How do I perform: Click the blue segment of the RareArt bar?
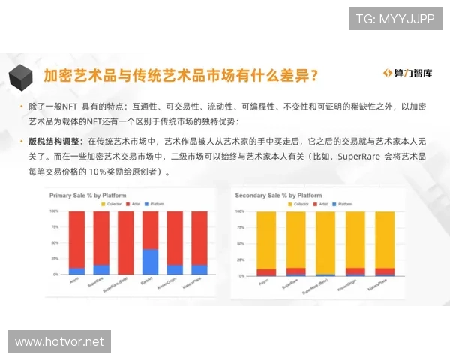click(x=150, y=262)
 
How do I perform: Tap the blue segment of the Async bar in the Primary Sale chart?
click(x=76, y=271)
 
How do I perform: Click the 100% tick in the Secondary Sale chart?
click(x=240, y=211)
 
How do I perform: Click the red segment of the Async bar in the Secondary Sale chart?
click(x=266, y=271)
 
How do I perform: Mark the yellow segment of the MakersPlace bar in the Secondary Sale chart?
click(x=385, y=240)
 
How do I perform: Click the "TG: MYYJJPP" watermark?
click(x=395, y=18)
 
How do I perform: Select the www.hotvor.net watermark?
click(x=59, y=342)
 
